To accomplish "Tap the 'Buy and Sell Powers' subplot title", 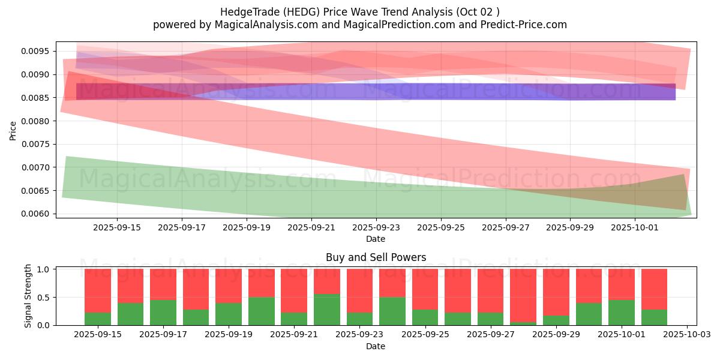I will point(376,257).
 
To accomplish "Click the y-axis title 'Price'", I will point(13,130).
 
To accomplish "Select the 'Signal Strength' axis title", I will point(28,296).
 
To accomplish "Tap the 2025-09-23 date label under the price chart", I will point(376,227).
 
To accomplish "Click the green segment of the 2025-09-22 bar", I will point(327,310).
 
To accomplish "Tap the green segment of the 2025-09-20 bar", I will point(262,311).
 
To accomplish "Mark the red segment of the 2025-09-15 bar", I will point(98,290).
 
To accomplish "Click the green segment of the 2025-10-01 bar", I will point(622,313).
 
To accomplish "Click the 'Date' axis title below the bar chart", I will point(376,346).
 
